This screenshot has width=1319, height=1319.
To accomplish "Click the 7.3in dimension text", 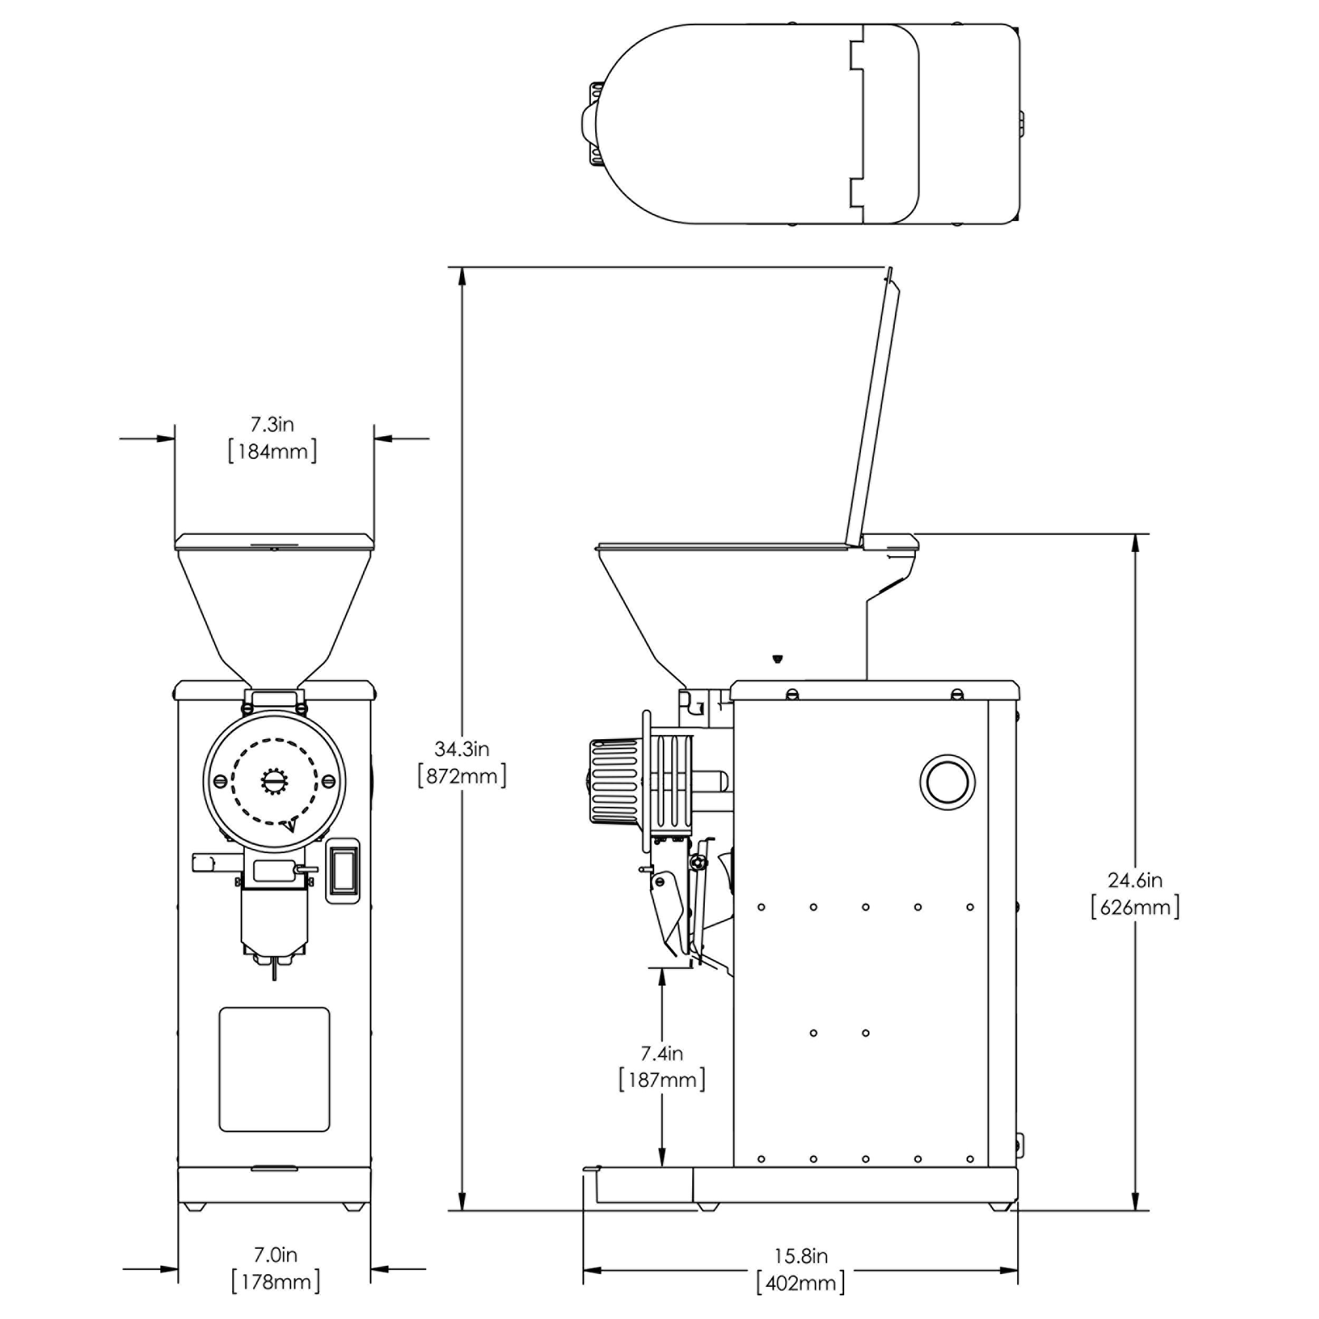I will coord(272,425).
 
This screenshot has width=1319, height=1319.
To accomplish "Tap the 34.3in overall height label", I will coord(462,749).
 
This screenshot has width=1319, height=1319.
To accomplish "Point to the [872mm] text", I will coord(462,776).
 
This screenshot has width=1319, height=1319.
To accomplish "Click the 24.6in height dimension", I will coord(1135,880).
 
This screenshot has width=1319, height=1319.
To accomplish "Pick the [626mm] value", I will coord(1135,907).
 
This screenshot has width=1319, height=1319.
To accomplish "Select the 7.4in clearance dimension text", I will coord(662,1054).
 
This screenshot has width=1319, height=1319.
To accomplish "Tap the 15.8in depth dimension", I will coord(801,1256).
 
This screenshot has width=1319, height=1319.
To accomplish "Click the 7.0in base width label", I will coord(275,1254).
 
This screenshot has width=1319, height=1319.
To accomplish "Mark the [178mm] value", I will coord(275,1282).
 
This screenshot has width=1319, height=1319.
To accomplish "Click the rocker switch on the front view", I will coord(343,871).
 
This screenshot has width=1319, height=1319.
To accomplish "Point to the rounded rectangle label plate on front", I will coord(274,1069).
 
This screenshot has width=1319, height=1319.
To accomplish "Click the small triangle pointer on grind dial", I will coord(290,825).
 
